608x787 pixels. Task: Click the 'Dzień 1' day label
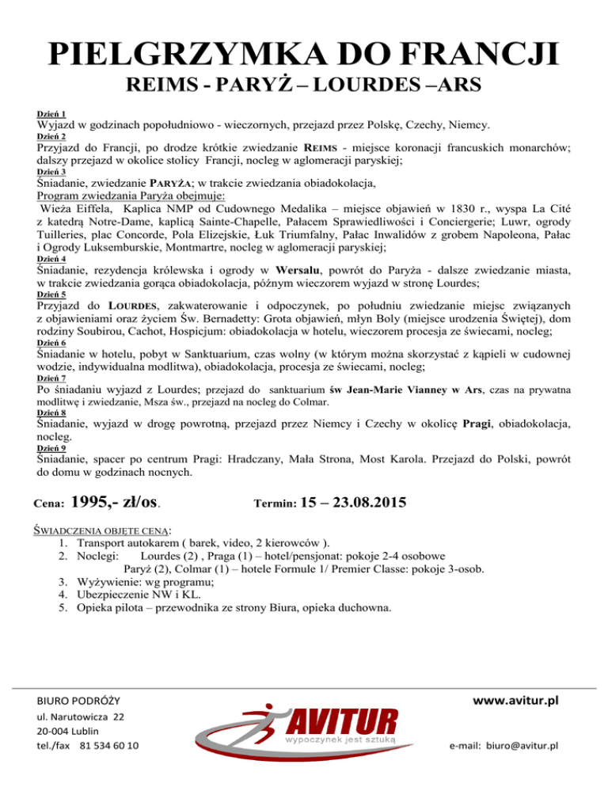click(x=51, y=114)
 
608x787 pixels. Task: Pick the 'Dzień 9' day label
click(x=51, y=449)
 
